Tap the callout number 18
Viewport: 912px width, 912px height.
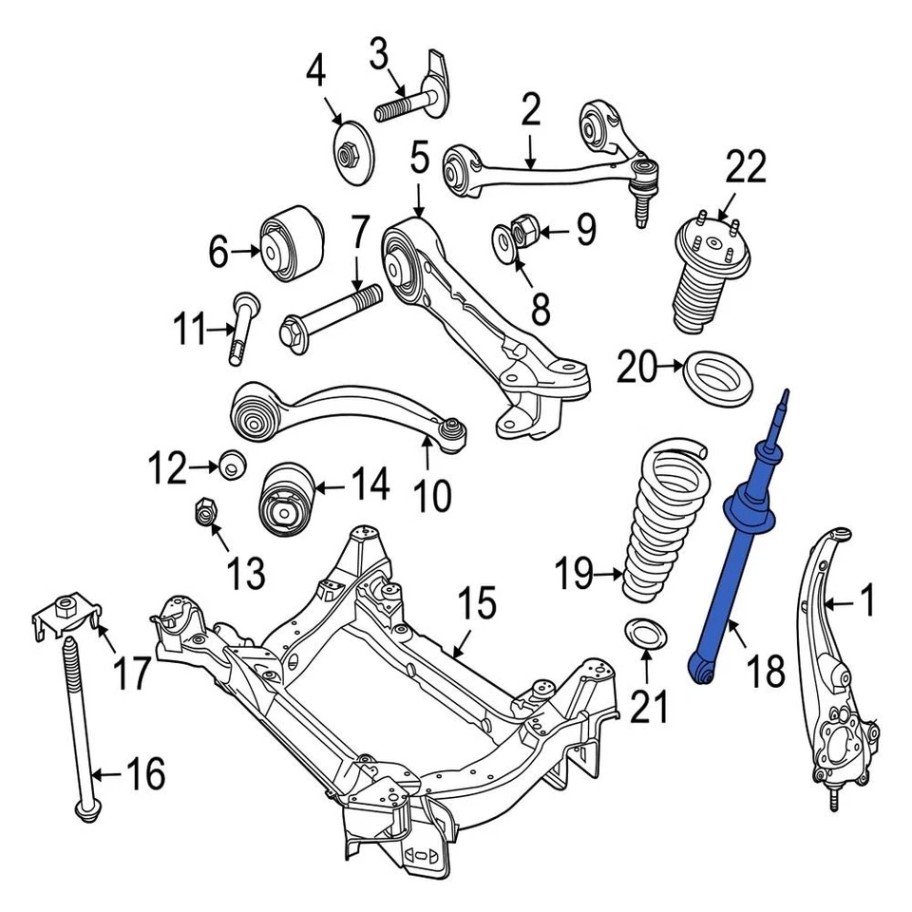(x=766, y=670)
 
